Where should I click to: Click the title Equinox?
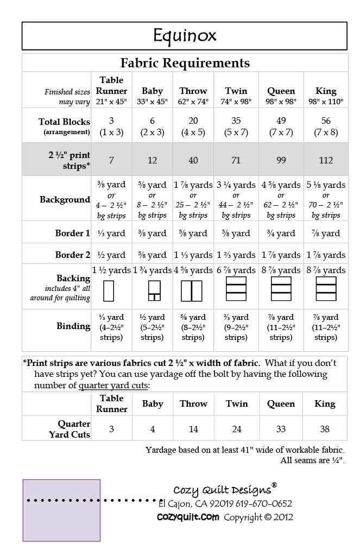(185, 36)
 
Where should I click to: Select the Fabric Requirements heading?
(185, 63)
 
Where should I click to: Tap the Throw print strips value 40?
(193, 160)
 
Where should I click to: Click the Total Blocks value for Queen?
(281, 126)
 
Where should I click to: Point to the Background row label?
(65, 199)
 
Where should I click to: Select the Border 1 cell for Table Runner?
(111, 233)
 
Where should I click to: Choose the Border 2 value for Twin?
(236, 255)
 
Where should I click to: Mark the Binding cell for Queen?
(281, 327)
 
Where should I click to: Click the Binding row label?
(73, 326)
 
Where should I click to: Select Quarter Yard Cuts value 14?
(193, 429)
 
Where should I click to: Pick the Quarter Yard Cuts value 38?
(325, 429)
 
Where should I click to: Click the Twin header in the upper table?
(236, 91)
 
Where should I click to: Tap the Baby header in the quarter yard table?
(153, 403)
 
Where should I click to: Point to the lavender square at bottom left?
(61, 510)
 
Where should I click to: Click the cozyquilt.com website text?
(188, 517)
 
